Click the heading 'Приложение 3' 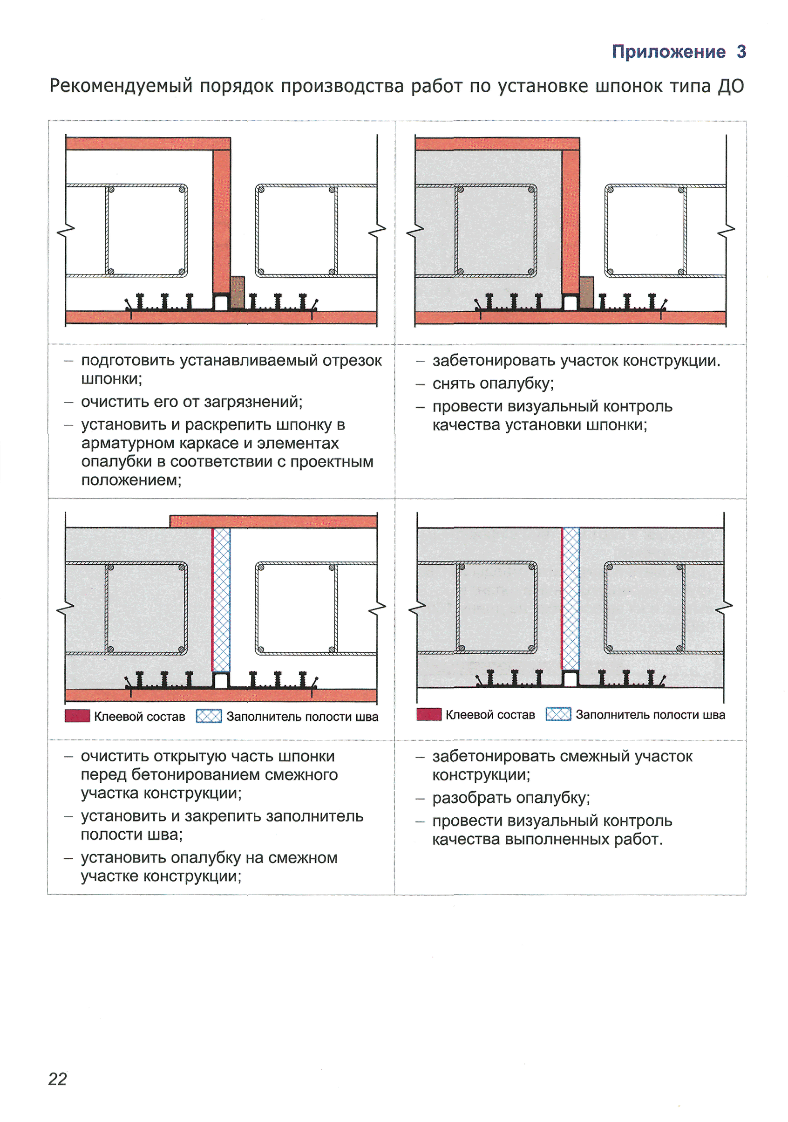[678, 51]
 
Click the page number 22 [57, 1079]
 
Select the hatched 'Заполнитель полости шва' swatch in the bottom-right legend [557, 714]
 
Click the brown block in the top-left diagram [238, 292]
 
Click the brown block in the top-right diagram [586, 292]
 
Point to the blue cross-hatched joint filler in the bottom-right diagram [571, 599]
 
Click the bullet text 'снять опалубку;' [492, 383]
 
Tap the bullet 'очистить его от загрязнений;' [191, 402]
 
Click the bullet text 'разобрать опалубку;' [510, 798]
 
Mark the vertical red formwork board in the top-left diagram [221, 220]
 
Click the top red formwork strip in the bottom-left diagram [273, 521]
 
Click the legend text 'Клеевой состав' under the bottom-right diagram [490, 714]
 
